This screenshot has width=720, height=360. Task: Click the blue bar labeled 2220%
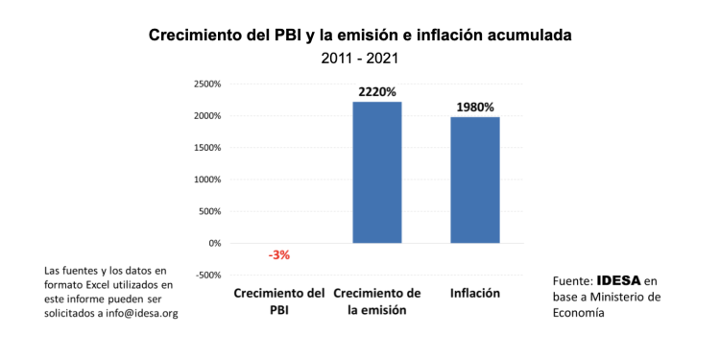(x=377, y=173)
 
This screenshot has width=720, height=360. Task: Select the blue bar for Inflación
(x=475, y=180)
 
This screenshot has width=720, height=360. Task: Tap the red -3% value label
(x=279, y=255)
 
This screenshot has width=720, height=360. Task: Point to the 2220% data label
(x=377, y=92)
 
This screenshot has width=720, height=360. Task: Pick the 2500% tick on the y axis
(x=207, y=84)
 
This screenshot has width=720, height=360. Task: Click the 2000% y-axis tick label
(x=207, y=116)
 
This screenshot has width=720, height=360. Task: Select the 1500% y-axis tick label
(x=207, y=148)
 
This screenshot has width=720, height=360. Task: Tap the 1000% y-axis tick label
(x=207, y=180)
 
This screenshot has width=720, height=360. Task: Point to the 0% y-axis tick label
(x=213, y=243)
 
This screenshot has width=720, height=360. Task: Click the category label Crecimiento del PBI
(x=279, y=300)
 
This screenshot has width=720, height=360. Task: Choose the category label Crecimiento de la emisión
(x=376, y=300)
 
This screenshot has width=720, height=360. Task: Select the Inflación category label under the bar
(x=475, y=292)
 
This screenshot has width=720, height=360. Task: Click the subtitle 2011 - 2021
(x=360, y=58)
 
